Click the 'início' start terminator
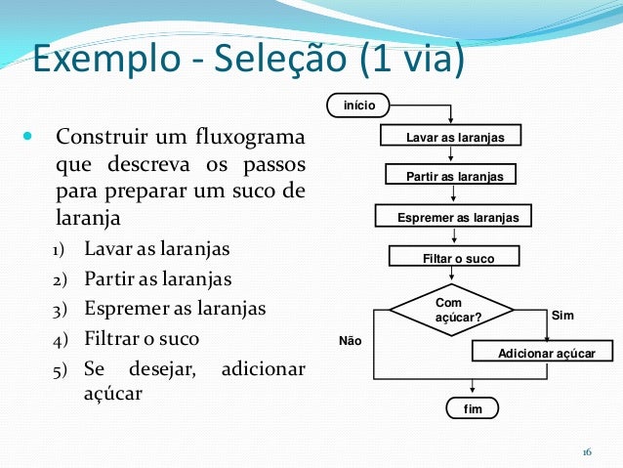click(359, 105)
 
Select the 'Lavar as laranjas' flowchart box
click(451, 138)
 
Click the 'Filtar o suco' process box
click(454, 258)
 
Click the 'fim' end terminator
click(471, 407)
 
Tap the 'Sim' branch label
click(562, 316)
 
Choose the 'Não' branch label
click(350, 341)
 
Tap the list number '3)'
click(61, 310)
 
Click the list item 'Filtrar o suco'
click(142, 339)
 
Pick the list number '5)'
click(61, 370)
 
